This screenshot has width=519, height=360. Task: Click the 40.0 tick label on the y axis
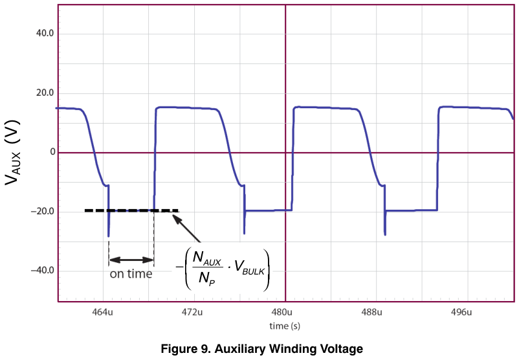click(x=45, y=34)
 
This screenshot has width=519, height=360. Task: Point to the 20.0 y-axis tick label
click(x=45, y=93)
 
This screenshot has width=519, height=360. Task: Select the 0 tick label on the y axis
click(x=52, y=152)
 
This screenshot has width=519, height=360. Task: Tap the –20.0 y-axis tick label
click(x=42, y=211)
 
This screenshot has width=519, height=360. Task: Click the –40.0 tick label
click(x=42, y=271)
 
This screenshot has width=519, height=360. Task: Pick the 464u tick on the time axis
click(x=102, y=312)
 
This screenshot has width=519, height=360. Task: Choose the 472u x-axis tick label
click(x=192, y=312)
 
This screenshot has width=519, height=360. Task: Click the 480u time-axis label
click(x=282, y=312)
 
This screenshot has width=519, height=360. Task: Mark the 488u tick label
click(x=371, y=312)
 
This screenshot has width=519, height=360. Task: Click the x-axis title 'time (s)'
click(x=285, y=326)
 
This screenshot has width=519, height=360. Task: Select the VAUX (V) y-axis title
click(x=12, y=152)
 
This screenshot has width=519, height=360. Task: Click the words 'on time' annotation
click(x=131, y=274)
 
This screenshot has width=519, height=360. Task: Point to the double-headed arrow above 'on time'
click(x=131, y=260)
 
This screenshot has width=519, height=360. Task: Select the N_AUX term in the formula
click(x=207, y=258)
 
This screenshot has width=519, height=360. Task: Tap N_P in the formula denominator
click(x=207, y=278)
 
